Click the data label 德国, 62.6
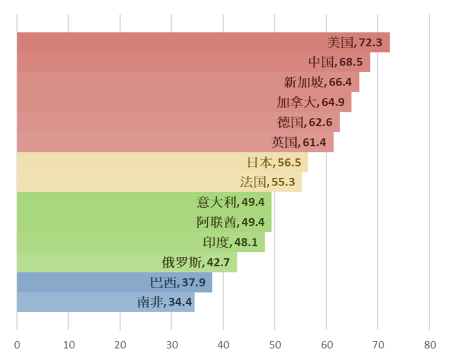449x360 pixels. (308, 122)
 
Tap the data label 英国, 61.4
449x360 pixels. (299, 142)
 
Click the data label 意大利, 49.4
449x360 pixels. (231, 202)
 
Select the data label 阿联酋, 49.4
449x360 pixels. (231, 222)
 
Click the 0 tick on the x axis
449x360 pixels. (17, 345)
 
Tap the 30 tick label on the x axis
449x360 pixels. (172, 345)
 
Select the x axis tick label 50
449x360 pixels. (275, 345)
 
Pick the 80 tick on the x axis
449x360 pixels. (429, 345)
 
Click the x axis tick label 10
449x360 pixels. (69, 345)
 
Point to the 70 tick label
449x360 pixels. (378, 345)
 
